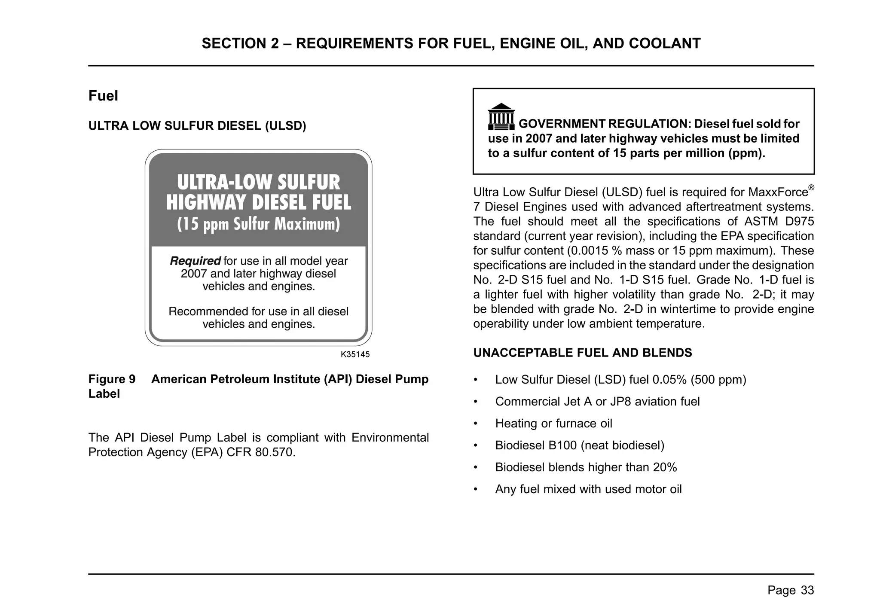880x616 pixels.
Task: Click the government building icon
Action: (x=501, y=117)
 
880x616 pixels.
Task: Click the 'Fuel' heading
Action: (x=103, y=96)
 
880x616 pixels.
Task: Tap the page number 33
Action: (x=807, y=590)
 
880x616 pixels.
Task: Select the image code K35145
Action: (x=355, y=354)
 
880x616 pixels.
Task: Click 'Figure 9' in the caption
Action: (x=112, y=379)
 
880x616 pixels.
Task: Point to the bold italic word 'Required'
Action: (x=195, y=261)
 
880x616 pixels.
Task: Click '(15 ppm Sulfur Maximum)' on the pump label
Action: (x=258, y=224)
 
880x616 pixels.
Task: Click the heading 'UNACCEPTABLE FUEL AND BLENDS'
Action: (x=582, y=353)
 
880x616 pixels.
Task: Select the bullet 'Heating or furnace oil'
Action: (x=553, y=424)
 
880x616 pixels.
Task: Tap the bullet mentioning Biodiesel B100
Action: (x=580, y=445)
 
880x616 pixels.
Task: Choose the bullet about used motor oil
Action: (x=588, y=489)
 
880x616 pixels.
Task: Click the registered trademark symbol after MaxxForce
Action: (x=811, y=188)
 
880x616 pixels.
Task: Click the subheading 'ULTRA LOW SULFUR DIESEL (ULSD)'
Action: (x=197, y=126)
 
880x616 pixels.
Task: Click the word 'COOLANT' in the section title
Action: (x=664, y=43)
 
